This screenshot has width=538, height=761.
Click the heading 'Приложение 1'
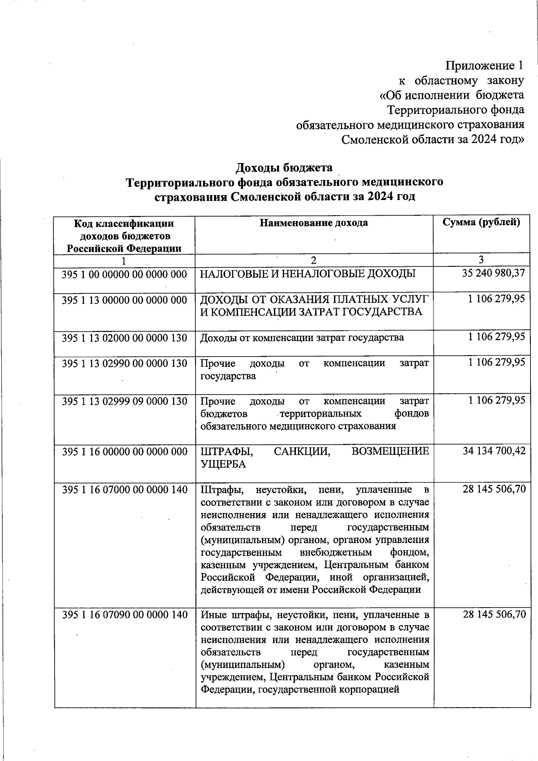[484, 66]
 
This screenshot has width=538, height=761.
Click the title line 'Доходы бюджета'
[284, 167]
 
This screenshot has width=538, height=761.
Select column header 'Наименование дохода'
[314, 223]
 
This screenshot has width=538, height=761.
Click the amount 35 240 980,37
[493, 273]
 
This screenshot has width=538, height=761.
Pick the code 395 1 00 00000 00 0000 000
[124, 274]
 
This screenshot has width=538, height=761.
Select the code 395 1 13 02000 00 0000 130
[124, 338]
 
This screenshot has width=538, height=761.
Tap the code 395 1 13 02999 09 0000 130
[124, 401]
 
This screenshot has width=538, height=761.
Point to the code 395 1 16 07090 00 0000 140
[124, 614]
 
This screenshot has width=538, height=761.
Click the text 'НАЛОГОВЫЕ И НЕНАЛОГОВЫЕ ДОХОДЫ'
[308, 274]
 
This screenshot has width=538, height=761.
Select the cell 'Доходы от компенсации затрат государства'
[302, 338]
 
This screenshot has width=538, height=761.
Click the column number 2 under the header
[314, 260]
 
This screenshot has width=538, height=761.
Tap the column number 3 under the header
[481, 260]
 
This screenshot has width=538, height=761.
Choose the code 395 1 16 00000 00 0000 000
[124, 451]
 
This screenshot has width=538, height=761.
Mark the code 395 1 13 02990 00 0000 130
[124, 363]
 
